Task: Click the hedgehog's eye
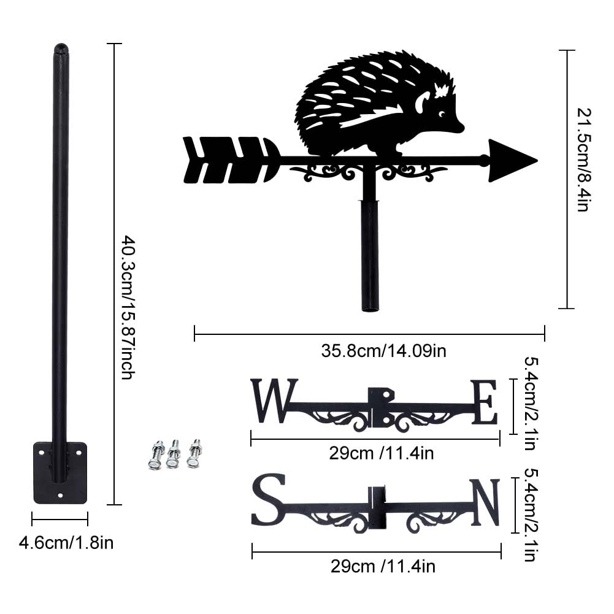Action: click(x=442, y=113)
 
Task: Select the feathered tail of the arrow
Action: click(x=232, y=159)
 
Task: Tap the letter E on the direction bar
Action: click(x=485, y=403)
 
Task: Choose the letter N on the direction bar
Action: click(x=486, y=502)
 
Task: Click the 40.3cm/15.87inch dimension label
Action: click(x=128, y=307)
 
